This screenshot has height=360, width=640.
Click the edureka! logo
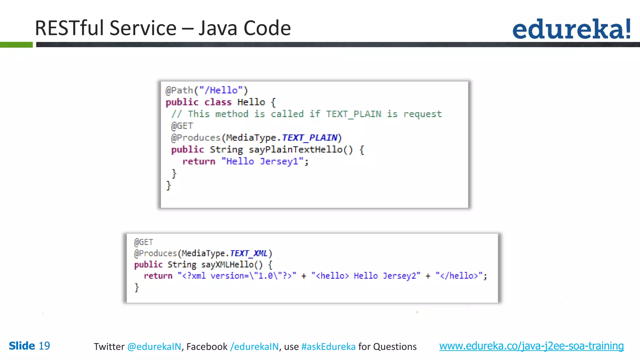tap(572, 29)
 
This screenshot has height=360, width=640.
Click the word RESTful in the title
tap(72, 28)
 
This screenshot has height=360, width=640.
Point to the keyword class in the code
tap(218, 102)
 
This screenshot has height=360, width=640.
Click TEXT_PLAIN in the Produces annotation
tap(309, 137)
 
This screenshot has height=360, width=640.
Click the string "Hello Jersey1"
tap(262, 162)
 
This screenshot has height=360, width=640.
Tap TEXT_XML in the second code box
tap(249, 253)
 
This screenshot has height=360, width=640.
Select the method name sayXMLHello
tap(227, 265)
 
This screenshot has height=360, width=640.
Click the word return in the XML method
tap(158, 276)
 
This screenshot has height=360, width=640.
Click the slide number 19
tap(44, 346)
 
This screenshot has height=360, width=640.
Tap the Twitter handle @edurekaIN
tap(154, 347)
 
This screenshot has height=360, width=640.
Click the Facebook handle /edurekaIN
tap(254, 347)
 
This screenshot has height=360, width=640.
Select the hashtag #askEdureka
tap(328, 347)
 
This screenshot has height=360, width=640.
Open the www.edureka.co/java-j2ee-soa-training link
tap(531, 346)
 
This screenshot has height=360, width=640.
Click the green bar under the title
tap(16, 45)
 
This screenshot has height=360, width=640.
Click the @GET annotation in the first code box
tap(182, 126)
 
